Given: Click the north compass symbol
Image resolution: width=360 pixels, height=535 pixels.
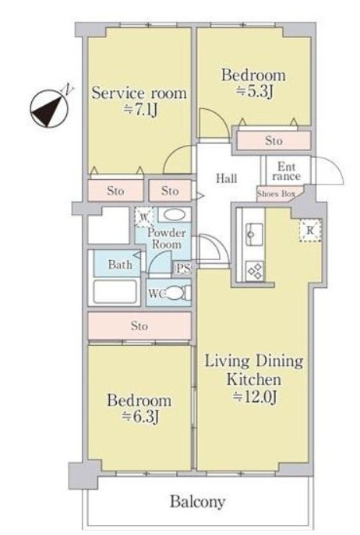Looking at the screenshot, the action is (50, 108).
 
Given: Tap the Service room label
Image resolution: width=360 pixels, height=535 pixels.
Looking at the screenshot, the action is (139, 93).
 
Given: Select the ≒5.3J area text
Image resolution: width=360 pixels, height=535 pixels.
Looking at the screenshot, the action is (255, 91).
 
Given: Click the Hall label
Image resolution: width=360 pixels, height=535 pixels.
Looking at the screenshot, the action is (227, 178).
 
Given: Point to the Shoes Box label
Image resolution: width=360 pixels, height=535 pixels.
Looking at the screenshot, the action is (276, 194).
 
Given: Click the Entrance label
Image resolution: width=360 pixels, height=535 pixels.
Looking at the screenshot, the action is (286, 171).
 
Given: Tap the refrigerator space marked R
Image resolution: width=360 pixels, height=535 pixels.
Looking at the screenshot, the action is (310, 231).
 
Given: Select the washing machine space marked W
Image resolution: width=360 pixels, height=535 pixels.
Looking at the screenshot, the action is (144, 217).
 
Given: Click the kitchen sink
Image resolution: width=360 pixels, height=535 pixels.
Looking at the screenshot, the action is (255, 234).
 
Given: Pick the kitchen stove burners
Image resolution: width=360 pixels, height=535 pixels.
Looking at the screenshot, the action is (255, 271).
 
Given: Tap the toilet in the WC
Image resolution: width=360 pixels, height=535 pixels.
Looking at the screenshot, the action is (178, 293).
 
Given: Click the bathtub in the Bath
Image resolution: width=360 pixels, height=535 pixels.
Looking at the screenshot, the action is (116, 292).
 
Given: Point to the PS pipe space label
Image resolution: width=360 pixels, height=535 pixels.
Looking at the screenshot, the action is (183, 268).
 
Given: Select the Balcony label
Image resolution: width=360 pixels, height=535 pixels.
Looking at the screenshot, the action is (198, 502).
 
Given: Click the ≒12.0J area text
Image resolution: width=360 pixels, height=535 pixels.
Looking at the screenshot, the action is (255, 396).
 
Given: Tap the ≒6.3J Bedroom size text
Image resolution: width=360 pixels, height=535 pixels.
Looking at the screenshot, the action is (139, 417).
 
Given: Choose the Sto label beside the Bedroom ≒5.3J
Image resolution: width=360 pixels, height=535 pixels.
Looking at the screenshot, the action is (274, 141).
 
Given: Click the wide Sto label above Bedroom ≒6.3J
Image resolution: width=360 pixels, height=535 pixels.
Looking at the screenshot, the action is (139, 326).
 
